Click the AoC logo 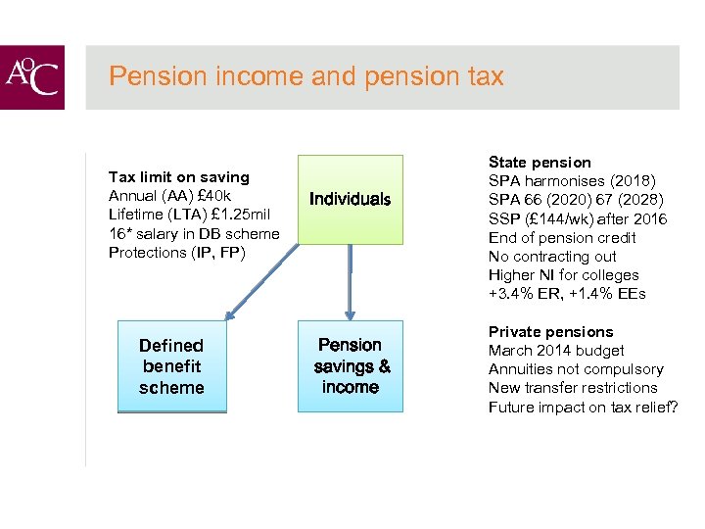tap(32, 77)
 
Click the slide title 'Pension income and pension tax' tap(305, 76)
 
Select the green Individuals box tap(350, 199)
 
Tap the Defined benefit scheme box tap(171, 366)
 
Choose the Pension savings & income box tap(350, 365)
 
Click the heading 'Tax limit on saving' tap(178, 177)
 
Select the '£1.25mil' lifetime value tap(247, 215)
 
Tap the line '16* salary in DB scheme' tap(194, 233)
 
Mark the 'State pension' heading tap(540, 163)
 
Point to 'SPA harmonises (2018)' tap(572, 181)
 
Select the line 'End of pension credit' tap(562, 237)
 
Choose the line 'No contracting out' tap(552, 257)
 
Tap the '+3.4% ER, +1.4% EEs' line tap(567, 294)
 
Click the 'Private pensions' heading tap(550, 332)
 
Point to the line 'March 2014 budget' tap(556, 351)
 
